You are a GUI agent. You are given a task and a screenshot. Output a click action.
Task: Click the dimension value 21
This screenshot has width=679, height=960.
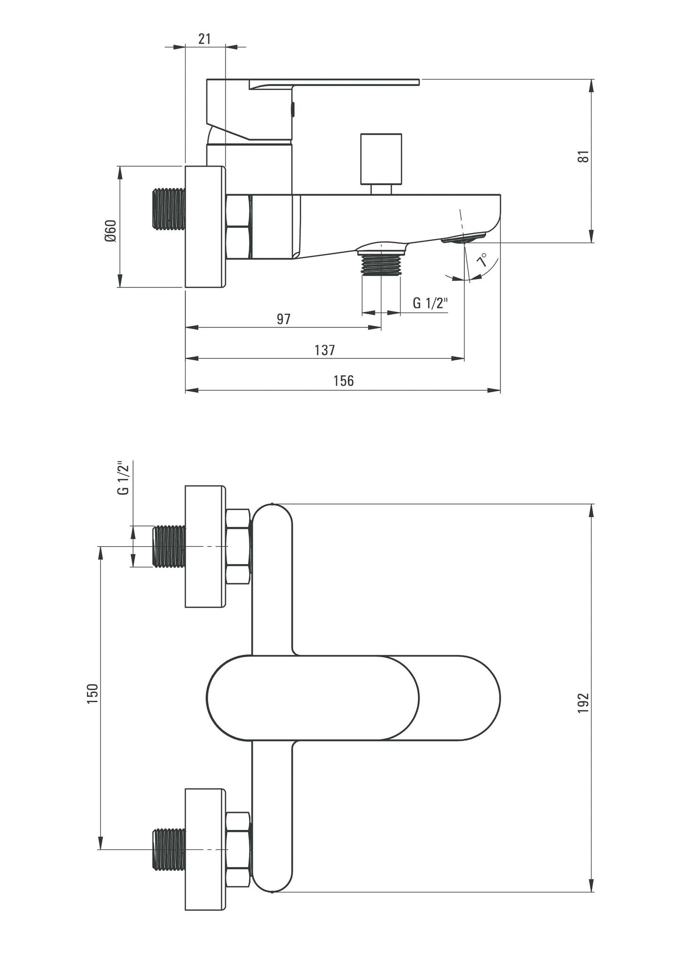(x=204, y=39)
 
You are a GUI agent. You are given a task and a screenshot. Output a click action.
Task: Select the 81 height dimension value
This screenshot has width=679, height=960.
(x=583, y=156)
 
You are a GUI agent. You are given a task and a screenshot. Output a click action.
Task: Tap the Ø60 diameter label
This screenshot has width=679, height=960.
(x=111, y=231)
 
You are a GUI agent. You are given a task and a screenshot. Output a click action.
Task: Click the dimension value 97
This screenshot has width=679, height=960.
(x=283, y=319)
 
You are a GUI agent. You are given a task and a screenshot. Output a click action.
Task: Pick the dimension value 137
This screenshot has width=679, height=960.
(x=325, y=350)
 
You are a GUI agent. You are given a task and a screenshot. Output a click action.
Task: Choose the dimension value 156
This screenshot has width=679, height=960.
(x=343, y=381)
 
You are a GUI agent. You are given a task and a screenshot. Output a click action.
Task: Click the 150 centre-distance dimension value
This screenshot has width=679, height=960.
(x=92, y=693)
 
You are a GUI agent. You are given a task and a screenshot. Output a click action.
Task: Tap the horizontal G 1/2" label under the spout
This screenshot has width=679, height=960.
(x=430, y=303)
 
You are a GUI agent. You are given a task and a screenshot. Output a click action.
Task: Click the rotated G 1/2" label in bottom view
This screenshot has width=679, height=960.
(x=123, y=478)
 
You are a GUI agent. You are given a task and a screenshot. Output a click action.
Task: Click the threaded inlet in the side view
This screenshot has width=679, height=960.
(x=169, y=210)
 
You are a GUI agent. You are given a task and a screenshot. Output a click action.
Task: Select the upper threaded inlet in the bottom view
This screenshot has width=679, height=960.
(x=169, y=547)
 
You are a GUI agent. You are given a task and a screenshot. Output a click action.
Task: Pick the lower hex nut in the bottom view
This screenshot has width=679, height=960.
(x=238, y=849)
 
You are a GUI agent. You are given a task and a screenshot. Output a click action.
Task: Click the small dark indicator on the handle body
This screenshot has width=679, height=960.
(x=293, y=110)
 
